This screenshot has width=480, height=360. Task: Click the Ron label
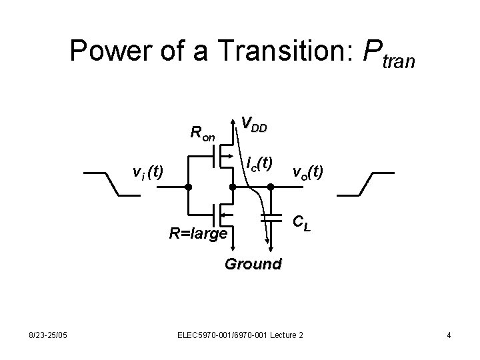click(202, 133)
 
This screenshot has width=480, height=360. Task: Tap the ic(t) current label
click(259, 162)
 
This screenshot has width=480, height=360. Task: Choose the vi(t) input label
click(148, 173)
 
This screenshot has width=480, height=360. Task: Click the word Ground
click(253, 263)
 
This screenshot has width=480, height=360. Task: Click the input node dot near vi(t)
click(189, 187)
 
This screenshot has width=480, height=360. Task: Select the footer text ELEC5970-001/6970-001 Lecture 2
click(241, 334)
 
